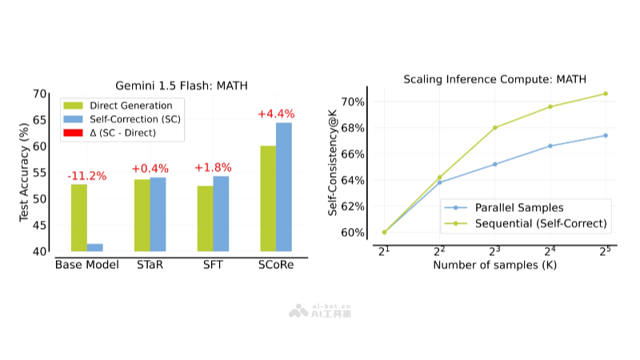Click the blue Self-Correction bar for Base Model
tap(95, 247)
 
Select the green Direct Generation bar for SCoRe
tap(268, 198)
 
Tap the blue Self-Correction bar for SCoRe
tap(284, 186)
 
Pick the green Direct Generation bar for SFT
tap(205, 218)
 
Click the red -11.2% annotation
tap(86, 175)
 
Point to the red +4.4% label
tap(276, 114)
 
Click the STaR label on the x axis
tap(150, 265)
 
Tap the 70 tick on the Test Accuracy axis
tap(41, 94)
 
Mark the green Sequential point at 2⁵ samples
tap(606, 94)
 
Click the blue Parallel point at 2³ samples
tap(495, 164)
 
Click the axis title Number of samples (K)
tap(494, 265)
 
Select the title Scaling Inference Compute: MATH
tap(494, 79)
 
